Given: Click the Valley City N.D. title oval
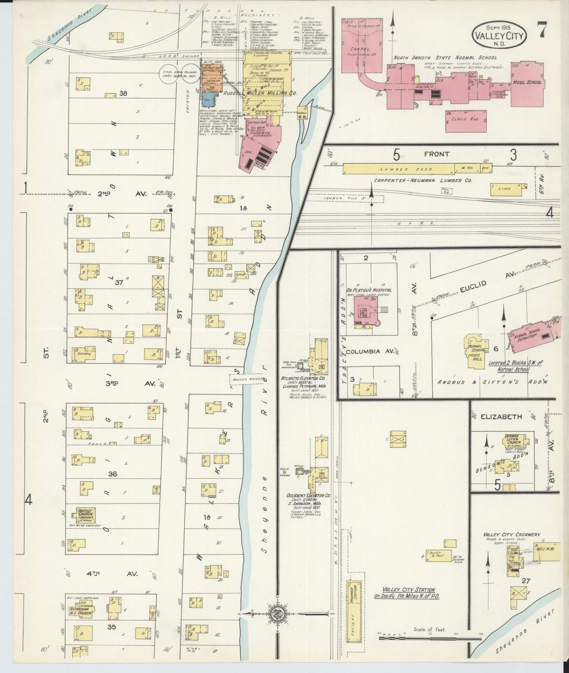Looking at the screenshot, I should pos(499,35).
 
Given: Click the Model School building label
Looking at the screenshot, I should pos(527,83).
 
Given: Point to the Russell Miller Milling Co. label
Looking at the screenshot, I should pos(260,94).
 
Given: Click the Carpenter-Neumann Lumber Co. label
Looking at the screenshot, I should pos(423,181).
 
